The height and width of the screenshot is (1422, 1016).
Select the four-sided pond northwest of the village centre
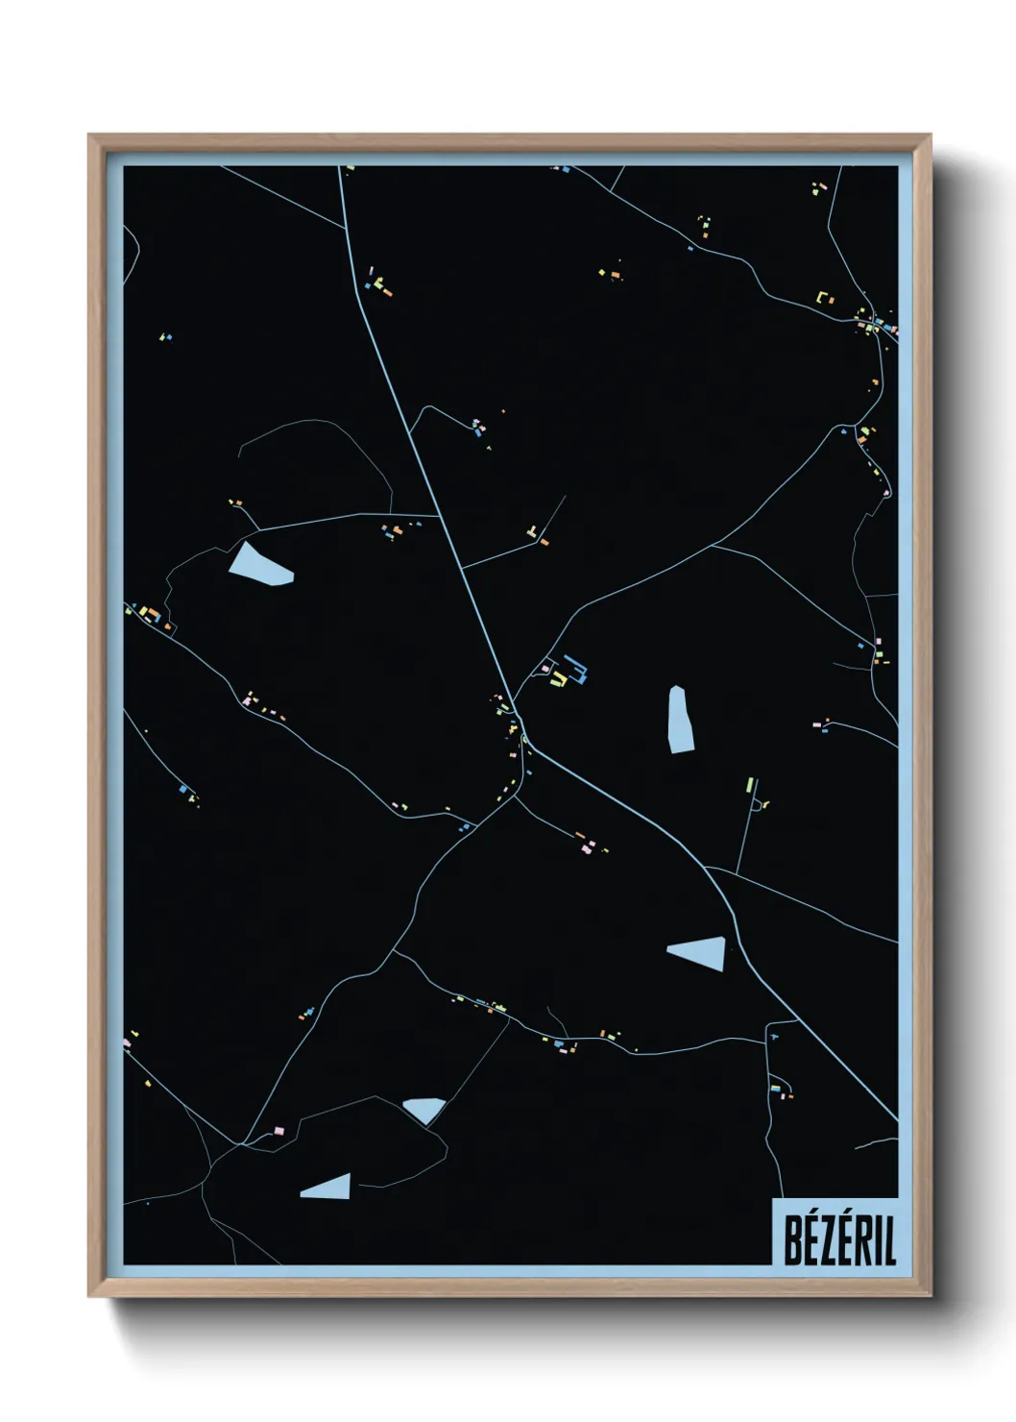[257, 566]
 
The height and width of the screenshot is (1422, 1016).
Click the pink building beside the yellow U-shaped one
[545, 668]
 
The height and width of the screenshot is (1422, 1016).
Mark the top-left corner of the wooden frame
[89, 135]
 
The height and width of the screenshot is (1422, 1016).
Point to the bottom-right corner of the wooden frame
[930, 1296]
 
